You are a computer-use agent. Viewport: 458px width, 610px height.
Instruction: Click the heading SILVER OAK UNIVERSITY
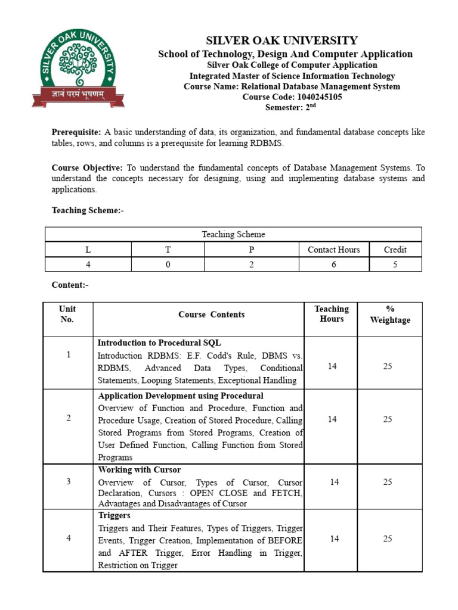(281, 41)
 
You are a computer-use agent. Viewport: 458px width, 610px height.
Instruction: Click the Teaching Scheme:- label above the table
(88, 210)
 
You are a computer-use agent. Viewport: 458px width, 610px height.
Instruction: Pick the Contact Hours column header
(333, 250)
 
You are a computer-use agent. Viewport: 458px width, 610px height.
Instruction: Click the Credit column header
(395, 250)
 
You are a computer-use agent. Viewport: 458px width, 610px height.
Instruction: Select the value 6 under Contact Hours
(333, 264)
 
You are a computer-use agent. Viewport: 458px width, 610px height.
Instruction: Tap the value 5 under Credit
(395, 264)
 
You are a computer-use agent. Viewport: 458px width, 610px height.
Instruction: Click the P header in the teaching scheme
(251, 250)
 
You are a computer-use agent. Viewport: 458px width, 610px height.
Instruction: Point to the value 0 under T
(168, 264)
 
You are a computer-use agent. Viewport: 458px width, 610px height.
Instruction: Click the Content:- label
(70, 285)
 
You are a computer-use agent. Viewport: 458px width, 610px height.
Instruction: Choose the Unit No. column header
(67, 314)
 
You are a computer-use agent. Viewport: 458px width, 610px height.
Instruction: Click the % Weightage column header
(390, 314)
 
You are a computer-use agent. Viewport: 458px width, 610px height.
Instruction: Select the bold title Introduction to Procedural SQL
(159, 343)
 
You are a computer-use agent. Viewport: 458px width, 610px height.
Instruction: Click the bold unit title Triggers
(114, 515)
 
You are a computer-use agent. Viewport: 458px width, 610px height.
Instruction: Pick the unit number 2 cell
(69, 418)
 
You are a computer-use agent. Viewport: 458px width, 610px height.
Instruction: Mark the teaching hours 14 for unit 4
(332, 539)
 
